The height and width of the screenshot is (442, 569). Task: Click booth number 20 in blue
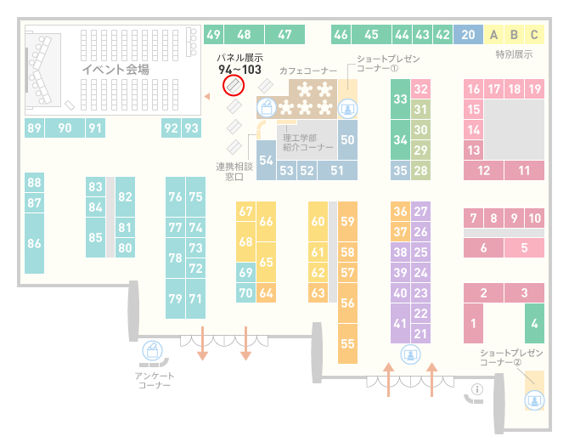click(468, 35)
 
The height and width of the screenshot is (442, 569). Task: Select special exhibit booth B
click(514, 35)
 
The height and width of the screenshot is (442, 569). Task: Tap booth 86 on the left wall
click(34, 243)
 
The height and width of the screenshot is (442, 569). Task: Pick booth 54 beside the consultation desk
click(266, 160)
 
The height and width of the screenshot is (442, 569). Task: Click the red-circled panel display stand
click(234, 86)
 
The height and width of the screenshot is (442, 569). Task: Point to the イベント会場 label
click(115, 69)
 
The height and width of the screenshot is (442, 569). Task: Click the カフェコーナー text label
click(308, 71)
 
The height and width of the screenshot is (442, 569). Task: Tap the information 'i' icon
click(476, 389)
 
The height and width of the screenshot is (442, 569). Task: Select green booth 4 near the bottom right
click(534, 323)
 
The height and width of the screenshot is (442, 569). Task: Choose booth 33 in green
click(400, 99)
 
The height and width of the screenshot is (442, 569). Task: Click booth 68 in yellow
click(245, 241)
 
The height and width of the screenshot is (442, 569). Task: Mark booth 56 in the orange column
click(347, 303)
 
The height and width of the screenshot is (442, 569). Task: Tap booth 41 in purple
click(400, 323)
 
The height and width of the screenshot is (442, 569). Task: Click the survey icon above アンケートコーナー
click(152, 351)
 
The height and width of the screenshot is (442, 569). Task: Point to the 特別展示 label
click(514, 55)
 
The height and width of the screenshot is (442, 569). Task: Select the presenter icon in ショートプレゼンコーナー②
click(534, 400)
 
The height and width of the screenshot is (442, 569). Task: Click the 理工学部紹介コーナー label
click(307, 142)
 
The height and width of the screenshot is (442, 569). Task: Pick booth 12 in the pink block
click(483, 170)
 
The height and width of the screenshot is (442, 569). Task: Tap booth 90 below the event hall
click(65, 127)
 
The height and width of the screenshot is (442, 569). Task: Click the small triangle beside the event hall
click(207, 96)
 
